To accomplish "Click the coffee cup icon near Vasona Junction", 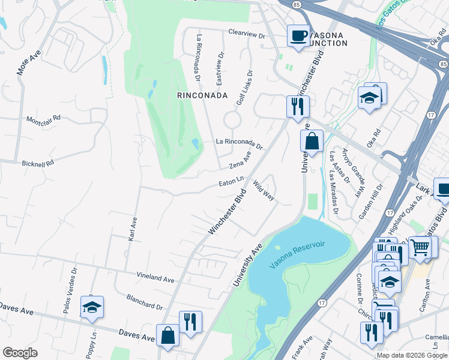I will [x=298, y=35].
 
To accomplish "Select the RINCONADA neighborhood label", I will [x=202, y=95].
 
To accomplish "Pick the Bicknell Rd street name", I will [x=38, y=163].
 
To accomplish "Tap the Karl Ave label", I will [x=133, y=229].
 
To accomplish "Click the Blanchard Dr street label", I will [x=145, y=301].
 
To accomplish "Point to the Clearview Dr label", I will [x=247, y=35].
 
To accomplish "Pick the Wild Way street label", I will [x=264, y=191].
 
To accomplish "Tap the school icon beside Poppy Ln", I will [x=92, y=307].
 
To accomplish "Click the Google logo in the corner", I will [x=20, y=353].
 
